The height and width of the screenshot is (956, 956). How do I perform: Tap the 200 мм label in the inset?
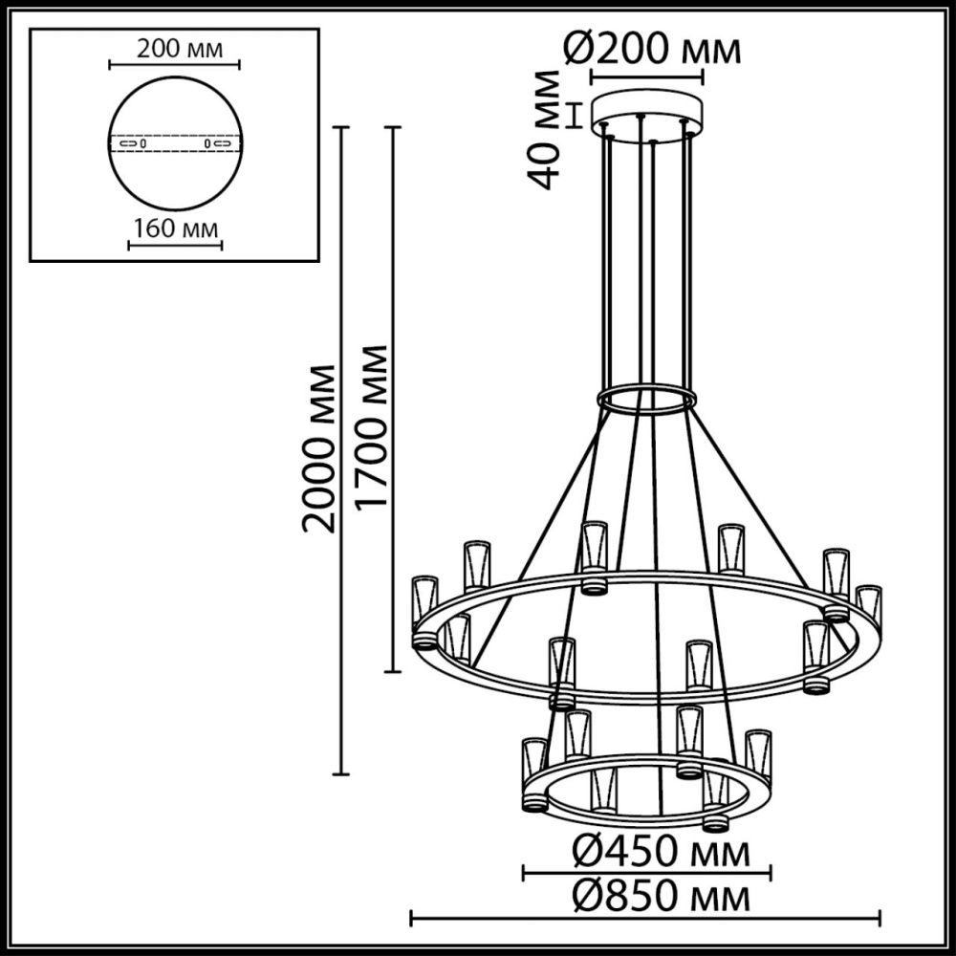click(x=174, y=49)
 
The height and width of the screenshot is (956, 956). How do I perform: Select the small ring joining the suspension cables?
click(x=647, y=400)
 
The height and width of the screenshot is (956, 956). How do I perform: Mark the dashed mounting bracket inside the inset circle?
click(x=174, y=143)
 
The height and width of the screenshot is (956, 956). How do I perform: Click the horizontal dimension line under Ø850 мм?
click(x=646, y=920)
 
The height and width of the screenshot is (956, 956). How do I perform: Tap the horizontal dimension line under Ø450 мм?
click(x=646, y=871)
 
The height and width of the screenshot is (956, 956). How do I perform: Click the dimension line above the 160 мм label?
click(x=174, y=245)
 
